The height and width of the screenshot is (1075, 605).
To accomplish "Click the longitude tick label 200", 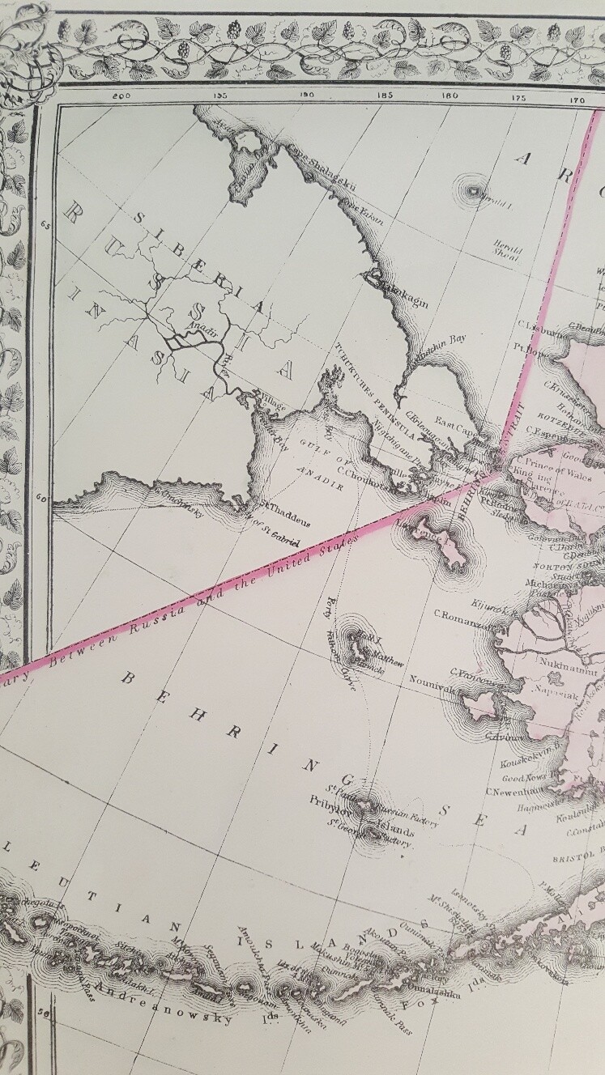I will coord(122,96).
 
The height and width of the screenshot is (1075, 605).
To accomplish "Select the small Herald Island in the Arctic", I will coord(472,192).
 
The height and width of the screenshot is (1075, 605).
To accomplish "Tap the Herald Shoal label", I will coord(505,246).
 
